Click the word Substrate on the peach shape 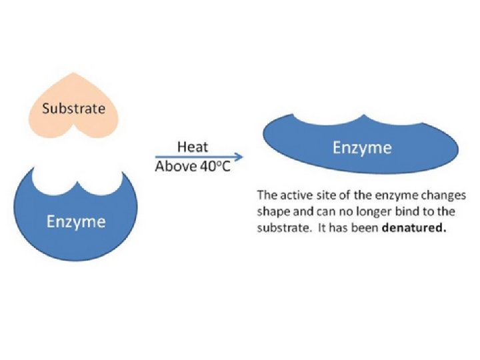(73, 107)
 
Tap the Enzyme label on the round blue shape (75, 221)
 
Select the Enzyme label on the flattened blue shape (362, 147)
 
